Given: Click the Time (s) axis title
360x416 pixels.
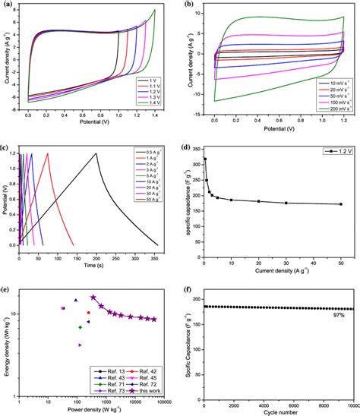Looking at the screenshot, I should pyautogui.click(x=94, y=266).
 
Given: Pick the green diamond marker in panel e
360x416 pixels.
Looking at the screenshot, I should pyautogui.click(x=81, y=327).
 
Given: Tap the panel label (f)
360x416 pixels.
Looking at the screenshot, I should pyautogui.click(x=187, y=288).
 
